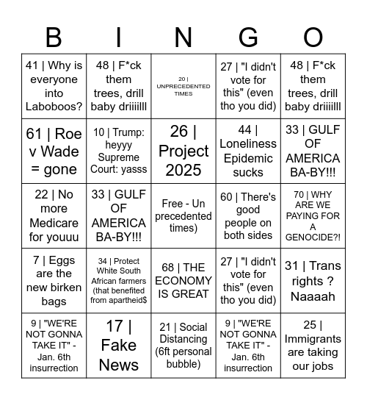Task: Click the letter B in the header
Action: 54,37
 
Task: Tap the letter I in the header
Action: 118,37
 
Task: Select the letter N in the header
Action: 183,37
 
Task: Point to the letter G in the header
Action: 248,37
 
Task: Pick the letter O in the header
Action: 313,37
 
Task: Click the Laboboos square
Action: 54,86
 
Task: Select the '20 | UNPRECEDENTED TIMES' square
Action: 183,86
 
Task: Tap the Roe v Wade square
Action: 54,151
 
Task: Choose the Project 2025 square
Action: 183,151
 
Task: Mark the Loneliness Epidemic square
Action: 248,151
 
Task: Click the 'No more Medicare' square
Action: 54,215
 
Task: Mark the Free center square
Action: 183,215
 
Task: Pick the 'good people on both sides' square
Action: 248,215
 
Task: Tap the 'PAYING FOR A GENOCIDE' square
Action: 313,215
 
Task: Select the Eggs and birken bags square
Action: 54,280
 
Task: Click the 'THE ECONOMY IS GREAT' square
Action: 183,280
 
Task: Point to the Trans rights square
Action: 313,280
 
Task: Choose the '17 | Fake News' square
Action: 118,345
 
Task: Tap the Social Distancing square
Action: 183,345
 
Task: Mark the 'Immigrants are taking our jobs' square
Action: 313,345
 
